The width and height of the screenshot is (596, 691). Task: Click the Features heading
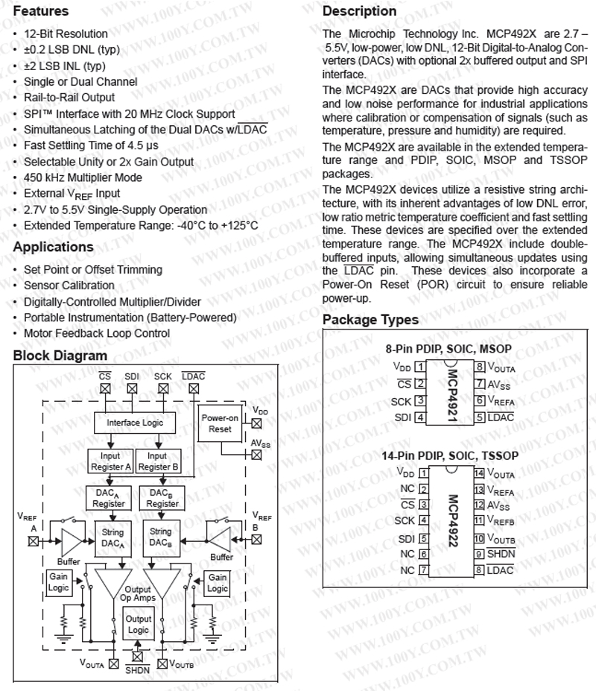pos(41,12)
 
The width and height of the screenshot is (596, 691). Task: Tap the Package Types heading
pos(370,320)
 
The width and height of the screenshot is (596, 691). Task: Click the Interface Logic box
pos(135,423)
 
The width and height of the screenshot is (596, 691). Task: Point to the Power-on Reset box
pos(221,423)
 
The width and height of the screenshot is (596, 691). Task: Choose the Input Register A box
pos(110,461)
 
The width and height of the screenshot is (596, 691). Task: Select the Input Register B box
pos(157,461)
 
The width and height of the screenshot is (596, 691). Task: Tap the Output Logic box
pos(138,624)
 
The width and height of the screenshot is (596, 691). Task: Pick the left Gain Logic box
pos(58,582)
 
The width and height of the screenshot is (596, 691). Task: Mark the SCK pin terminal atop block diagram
pos(162,388)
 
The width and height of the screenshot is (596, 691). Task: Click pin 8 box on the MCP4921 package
pos(481,367)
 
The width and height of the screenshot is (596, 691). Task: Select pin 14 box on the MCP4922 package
pos(480,473)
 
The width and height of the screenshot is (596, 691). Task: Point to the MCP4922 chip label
pos(451,522)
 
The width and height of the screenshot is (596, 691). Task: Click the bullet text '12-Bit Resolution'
pos(66,34)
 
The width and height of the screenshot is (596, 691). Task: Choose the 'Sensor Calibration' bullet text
pos(69,285)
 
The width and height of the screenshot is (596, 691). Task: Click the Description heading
pos(359,12)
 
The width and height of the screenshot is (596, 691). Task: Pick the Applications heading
pos(54,247)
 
